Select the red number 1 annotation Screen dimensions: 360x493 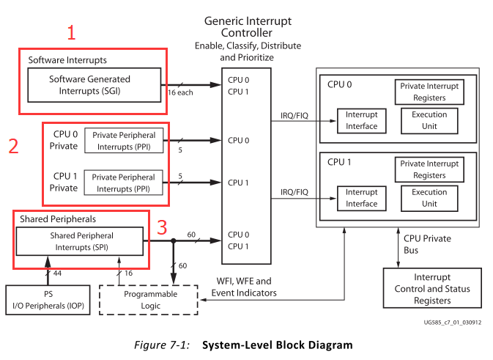71,32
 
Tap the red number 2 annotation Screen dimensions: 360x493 13,146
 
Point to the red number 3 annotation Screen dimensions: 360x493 163,227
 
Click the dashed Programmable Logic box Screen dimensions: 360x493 149,299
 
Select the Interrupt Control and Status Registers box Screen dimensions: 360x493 431,289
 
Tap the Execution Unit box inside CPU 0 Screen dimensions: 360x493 429,120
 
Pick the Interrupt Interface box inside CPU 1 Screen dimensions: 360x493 362,199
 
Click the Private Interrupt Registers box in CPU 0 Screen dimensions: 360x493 429,92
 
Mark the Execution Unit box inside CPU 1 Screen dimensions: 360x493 429,198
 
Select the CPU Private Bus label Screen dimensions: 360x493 427,244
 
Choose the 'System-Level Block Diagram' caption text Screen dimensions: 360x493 277,345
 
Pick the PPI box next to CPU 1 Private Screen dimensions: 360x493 123,183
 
